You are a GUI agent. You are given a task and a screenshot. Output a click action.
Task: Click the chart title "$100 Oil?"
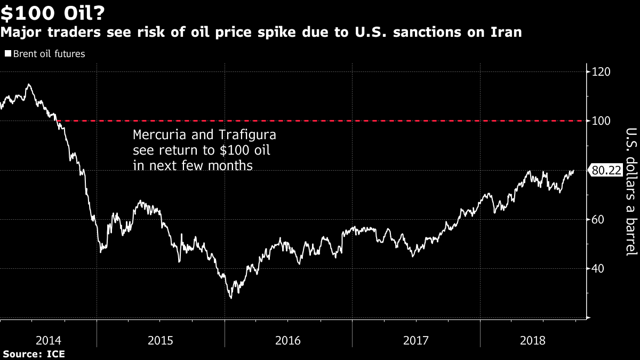pos(52,12)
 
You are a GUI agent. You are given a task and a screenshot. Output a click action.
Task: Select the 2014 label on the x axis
pos(47,340)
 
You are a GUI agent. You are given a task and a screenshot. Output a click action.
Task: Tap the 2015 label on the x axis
pos(160,340)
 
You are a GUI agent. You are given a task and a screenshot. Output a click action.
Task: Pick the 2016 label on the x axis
pos(288,340)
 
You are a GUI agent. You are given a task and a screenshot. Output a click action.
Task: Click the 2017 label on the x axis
pos(416,340)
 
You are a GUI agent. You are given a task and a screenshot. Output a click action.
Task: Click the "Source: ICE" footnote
pos(33,354)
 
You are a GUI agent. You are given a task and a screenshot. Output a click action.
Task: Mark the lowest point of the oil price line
pos(231,298)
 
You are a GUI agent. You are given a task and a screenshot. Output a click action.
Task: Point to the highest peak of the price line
pos(28,84)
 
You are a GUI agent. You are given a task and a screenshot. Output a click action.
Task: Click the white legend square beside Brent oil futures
pos(7,54)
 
